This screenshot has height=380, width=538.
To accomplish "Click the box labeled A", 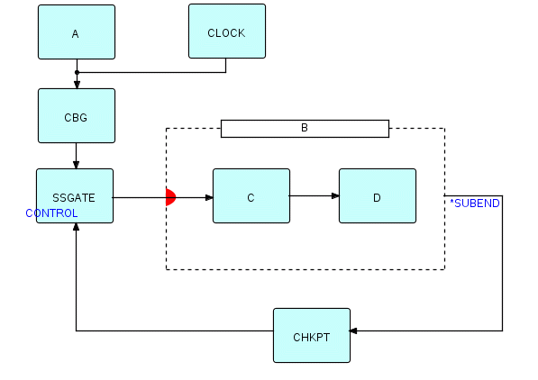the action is [77, 32].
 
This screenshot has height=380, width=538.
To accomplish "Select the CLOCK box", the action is [227, 32].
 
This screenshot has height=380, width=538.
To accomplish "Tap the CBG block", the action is [77, 115].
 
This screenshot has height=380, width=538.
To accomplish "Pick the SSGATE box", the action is [75, 195].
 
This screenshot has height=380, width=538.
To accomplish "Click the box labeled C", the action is [251, 195].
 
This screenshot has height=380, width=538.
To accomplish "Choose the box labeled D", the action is [378, 195].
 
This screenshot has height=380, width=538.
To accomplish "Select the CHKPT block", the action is [312, 335].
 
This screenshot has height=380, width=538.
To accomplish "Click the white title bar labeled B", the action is [305, 129].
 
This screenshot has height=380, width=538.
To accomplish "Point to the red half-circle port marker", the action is [170, 197].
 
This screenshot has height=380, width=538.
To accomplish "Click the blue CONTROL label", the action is [51, 213].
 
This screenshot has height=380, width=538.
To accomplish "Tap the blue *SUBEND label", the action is [475, 204].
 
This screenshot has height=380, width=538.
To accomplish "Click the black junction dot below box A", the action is [77, 72].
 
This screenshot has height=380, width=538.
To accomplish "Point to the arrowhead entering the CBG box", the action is [77, 85].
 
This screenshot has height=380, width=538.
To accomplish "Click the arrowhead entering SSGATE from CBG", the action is [77, 165].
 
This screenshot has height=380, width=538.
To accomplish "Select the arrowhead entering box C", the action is [209, 197].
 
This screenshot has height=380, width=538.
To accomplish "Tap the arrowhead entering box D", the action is [335, 195].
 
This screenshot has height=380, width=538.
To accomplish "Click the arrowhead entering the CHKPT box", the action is [353, 331].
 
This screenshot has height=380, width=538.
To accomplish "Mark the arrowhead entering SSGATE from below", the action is [77, 227].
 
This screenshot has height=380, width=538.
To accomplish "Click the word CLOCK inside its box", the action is [226, 33].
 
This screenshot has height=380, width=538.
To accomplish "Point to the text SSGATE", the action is [74, 198].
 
